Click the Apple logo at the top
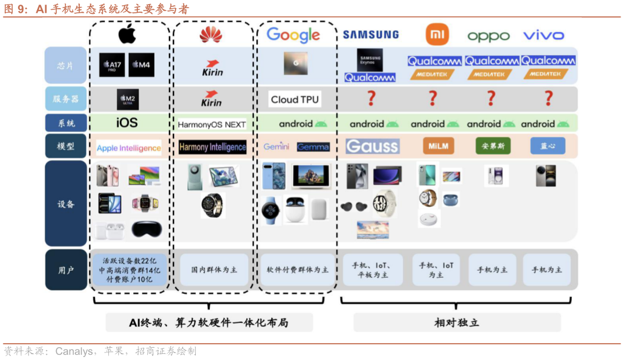click(x=127, y=34)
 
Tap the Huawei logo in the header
click(x=211, y=35)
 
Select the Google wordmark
click(x=293, y=35)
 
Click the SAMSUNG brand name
click(x=371, y=35)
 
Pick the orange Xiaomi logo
click(x=437, y=34)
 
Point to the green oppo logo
click(x=488, y=36)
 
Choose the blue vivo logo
click(x=543, y=35)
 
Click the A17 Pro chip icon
click(x=112, y=65)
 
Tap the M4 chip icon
click(x=141, y=65)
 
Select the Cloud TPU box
click(x=295, y=99)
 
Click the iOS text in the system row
click(x=127, y=122)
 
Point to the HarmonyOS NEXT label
click(x=211, y=124)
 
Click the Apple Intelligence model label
click(x=129, y=148)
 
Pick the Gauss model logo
click(x=372, y=146)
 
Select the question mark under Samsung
click(x=371, y=99)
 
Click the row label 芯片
click(x=65, y=65)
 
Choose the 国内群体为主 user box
click(x=214, y=270)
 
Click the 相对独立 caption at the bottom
click(x=457, y=322)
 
